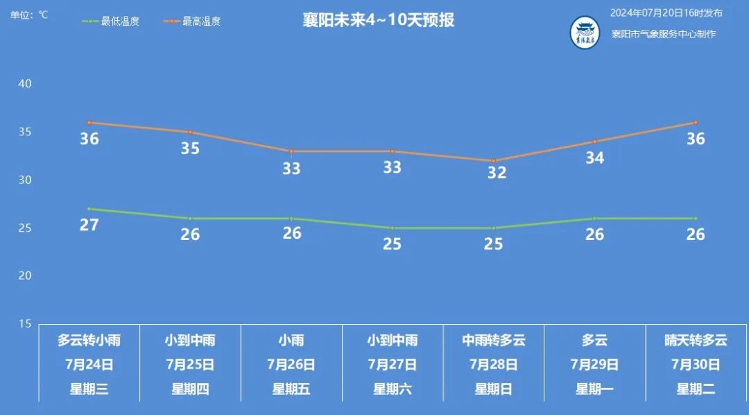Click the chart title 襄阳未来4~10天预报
(x=378, y=19)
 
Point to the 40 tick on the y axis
(x=25, y=83)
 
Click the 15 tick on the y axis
(x=25, y=323)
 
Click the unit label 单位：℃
(x=29, y=15)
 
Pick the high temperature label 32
(x=497, y=173)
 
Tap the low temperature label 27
(x=89, y=225)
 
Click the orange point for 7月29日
(x=594, y=142)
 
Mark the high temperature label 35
(x=190, y=149)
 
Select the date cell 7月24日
(x=89, y=364)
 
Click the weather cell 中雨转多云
(x=494, y=340)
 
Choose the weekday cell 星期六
(x=393, y=389)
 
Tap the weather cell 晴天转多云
(x=696, y=340)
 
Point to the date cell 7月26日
(x=291, y=364)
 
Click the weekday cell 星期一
(x=594, y=389)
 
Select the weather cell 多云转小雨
(x=89, y=340)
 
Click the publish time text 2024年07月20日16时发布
(x=666, y=13)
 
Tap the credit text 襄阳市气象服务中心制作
(x=664, y=34)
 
